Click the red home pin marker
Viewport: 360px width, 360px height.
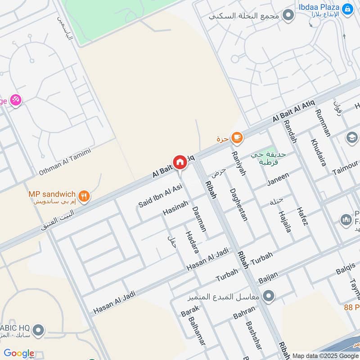pos(180,162)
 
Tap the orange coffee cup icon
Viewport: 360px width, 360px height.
pos(237,138)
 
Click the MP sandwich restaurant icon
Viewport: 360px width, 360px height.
pos(84,196)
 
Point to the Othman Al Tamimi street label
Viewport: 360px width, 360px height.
pos(64,162)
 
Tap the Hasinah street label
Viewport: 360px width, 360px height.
pos(175,208)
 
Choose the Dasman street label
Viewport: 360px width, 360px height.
pos(199,219)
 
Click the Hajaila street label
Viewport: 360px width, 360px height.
pos(285,221)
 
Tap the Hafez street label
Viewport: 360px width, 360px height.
pos(302,216)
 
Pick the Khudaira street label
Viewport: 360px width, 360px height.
pos(318,152)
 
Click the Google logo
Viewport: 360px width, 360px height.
pos(19,353)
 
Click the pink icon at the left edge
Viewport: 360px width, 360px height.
pos(16,100)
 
